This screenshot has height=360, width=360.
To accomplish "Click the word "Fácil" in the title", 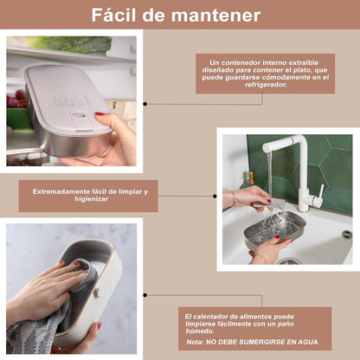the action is [x=113, y=15].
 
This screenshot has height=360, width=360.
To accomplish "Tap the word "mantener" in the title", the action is [x=216, y=16].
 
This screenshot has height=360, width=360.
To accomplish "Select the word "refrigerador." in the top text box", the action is [x=266, y=85].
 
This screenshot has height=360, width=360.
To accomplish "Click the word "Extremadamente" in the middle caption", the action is [x=61, y=191].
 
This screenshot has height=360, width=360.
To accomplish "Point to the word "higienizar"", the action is [x=92, y=199].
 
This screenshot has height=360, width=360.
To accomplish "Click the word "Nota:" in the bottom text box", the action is [x=196, y=342].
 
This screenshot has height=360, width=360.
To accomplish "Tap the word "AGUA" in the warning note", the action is [x=308, y=342].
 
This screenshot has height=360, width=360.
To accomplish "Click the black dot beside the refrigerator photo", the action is [x=145, y=104].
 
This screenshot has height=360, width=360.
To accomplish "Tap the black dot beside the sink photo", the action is [x=215, y=196].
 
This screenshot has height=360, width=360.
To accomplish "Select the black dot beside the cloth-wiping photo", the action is [x=145, y=295].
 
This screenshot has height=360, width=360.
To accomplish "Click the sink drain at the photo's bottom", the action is [x=289, y=261].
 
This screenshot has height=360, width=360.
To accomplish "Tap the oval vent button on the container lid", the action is [x=79, y=115].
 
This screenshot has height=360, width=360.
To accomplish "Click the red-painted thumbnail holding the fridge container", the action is [x=100, y=114].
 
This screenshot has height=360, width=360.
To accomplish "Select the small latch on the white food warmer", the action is [x=97, y=292].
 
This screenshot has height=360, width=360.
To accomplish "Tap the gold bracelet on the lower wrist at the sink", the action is [x=260, y=257].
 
